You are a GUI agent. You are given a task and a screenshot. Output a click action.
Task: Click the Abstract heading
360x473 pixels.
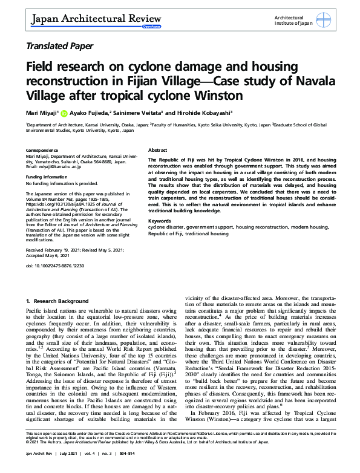pos(159,149)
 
